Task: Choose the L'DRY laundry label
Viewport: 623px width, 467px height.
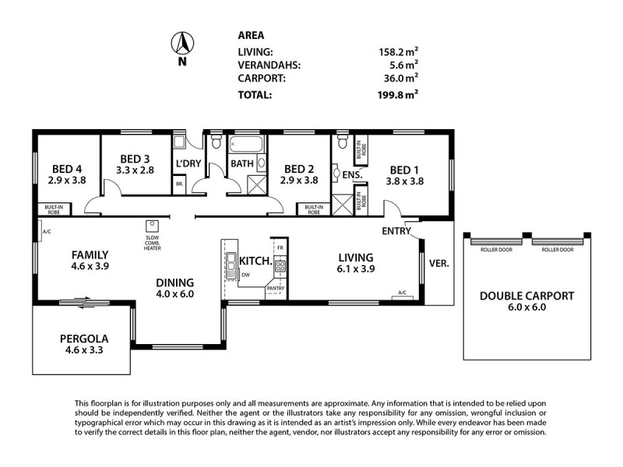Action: [x=190, y=163]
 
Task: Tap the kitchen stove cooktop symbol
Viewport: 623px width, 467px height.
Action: [x=280, y=265]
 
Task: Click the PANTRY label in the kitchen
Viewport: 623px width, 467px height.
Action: [x=276, y=289]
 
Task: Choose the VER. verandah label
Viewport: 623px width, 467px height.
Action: [x=438, y=263]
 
